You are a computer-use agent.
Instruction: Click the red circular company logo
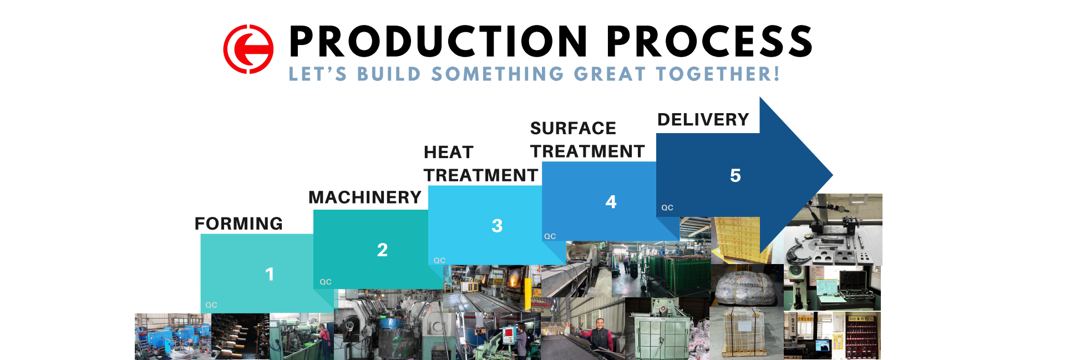[248, 49]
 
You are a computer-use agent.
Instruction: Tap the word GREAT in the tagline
[610, 74]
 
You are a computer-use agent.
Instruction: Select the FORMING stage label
[239, 224]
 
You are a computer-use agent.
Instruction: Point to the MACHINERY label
[365, 197]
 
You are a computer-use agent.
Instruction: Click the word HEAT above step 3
[448, 153]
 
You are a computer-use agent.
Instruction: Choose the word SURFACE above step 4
[573, 129]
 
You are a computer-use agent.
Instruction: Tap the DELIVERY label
[703, 120]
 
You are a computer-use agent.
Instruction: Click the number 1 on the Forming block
[270, 274]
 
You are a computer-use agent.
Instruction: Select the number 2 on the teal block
[382, 250]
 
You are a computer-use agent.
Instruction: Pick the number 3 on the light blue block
[497, 226]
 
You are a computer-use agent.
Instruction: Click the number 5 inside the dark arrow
[736, 176]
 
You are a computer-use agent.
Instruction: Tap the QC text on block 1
[211, 305]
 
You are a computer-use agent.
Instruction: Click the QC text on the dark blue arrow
[667, 208]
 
